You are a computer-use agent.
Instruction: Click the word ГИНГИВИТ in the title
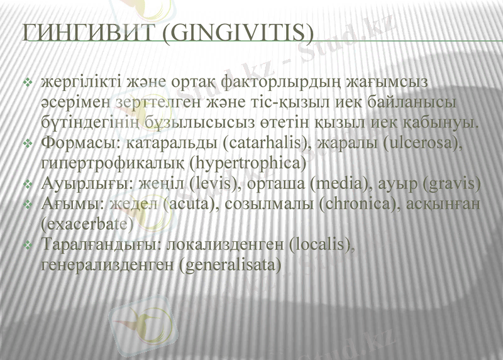point(85,33)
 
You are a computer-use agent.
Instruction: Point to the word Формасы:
point(80,144)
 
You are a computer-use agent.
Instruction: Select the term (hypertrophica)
point(241,164)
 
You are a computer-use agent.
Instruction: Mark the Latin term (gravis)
point(451,185)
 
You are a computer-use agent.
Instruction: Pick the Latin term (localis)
point(320,245)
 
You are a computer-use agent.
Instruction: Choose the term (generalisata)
point(229,265)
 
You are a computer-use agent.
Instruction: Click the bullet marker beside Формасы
point(28,145)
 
